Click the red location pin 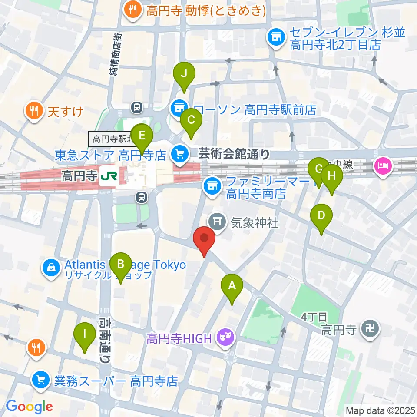tap(204, 241)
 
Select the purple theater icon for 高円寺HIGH tap(225, 338)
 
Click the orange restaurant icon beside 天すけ tap(34, 111)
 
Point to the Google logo tap(29, 407)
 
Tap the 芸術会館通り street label tap(235, 153)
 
